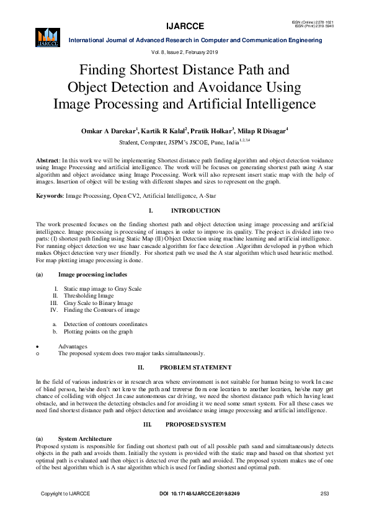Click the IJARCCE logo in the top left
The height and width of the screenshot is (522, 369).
tap(47, 37)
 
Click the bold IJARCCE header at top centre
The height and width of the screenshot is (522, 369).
tap(185, 26)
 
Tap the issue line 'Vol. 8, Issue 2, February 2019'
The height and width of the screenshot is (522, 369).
tap(185, 52)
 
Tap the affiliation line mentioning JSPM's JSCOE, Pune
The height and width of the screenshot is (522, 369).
tap(185, 141)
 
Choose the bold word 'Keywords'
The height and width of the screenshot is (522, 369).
tap(50, 196)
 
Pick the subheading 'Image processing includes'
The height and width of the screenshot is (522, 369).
tap(93, 274)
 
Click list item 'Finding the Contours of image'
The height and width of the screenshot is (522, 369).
tap(102, 310)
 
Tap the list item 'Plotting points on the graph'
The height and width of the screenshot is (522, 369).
tap(98, 332)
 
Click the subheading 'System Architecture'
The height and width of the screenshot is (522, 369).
tap(85, 438)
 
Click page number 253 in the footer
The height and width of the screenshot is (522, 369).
tap(324, 493)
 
